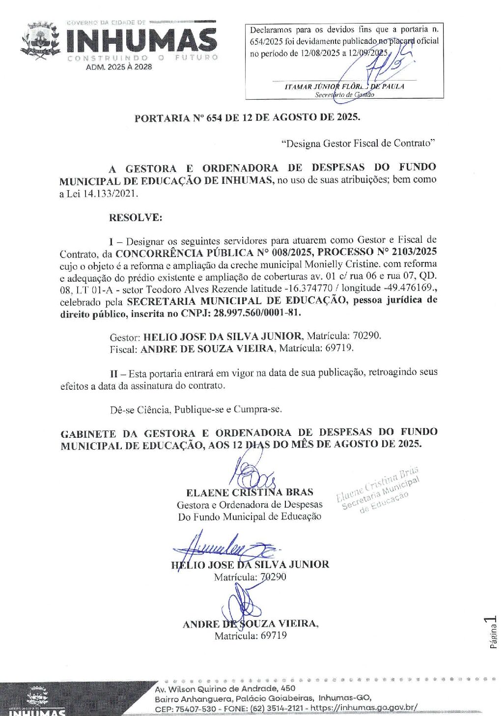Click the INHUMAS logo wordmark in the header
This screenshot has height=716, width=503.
pos(141,40)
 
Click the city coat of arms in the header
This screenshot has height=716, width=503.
pos(40,41)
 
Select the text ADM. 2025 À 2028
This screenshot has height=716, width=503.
pos(119,67)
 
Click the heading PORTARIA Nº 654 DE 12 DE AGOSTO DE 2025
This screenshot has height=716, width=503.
pos(248,118)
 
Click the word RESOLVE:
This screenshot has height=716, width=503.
pos(136,218)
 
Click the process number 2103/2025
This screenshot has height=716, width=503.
pos(414,253)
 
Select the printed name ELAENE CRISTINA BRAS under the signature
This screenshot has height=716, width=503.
pos(250,492)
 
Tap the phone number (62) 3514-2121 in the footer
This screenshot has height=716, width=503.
pos(278,709)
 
